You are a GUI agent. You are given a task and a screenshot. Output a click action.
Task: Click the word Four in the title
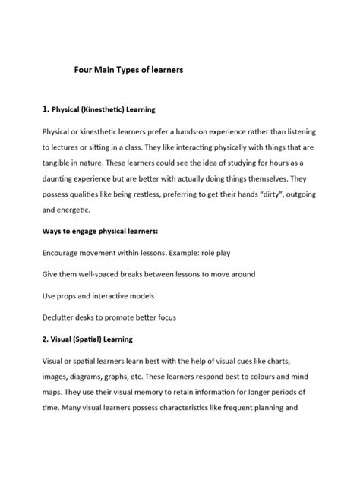point(84,69)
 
